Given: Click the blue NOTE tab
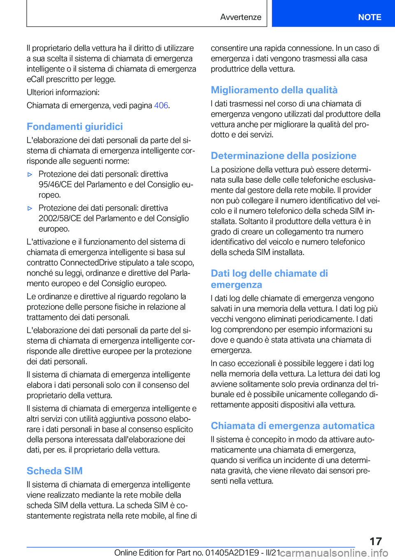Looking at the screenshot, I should point(369,17).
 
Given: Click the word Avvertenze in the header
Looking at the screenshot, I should point(241,17).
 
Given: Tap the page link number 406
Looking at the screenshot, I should point(161,106).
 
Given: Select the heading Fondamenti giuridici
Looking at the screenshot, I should point(74,127).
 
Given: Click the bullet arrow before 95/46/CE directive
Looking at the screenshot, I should point(30,175).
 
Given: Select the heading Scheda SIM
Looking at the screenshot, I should point(54,471).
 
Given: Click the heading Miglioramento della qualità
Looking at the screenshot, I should point(274,90).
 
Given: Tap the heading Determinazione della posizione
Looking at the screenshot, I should point(283,156).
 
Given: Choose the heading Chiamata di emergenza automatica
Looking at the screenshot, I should point(293,426).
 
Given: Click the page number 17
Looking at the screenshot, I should point(375,541).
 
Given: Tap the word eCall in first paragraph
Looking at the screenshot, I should point(35,79).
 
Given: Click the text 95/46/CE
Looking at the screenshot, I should point(55,185).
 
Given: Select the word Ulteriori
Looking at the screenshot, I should point(40,93).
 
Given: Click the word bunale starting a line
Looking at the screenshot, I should point(223,395).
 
